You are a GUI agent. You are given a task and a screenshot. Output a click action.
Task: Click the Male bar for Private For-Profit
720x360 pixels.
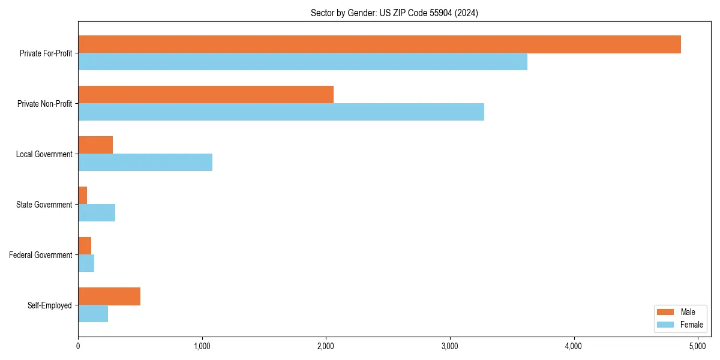click(379, 44)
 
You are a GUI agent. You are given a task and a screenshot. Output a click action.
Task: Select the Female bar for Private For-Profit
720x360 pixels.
click(302, 62)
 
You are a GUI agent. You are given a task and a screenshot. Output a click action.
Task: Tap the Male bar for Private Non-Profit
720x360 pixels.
click(206, 95)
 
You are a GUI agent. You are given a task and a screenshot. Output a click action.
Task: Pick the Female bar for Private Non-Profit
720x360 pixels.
click(281, 112)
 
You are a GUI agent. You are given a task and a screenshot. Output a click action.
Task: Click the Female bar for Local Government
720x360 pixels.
click(145, 163)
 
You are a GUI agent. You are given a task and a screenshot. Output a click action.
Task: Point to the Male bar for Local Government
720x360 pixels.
click(95, 145)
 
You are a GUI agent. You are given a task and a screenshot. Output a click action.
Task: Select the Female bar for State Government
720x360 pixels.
click(97, 213)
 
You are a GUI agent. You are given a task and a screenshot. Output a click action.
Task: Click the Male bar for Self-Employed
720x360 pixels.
click(109, 296)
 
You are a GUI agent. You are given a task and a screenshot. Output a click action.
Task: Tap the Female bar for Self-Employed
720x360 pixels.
click(93, 314)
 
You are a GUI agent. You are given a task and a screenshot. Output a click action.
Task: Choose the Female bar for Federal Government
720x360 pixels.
click(86, 263)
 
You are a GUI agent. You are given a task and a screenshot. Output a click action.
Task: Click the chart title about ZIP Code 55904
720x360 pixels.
click(394, 13)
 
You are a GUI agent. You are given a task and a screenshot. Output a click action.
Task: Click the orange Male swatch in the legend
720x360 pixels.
click(666, 312)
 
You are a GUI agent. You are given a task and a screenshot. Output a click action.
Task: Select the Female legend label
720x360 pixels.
click(691, 325)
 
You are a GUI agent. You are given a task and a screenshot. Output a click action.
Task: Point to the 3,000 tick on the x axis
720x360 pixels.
click(450, 346)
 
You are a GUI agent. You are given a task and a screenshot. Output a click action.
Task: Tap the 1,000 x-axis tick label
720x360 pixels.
click(202, 346)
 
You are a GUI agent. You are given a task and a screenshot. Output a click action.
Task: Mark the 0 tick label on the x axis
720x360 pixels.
click(78, 346)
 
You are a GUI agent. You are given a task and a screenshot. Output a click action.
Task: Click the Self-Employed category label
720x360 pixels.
click(49, 305)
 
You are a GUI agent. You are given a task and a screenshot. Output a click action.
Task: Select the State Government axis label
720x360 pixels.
click(44, 205)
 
